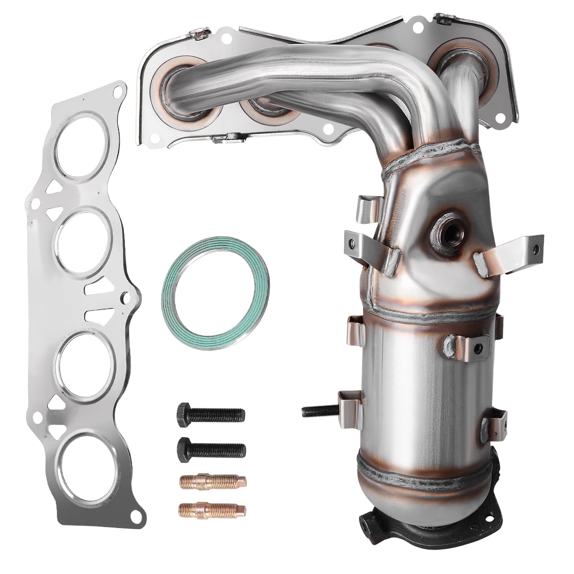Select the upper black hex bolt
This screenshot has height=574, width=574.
point(210,414)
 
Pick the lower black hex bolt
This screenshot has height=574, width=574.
point(211,448)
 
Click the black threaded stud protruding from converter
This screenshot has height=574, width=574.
point(320,410)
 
